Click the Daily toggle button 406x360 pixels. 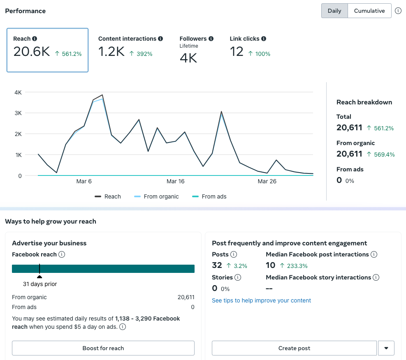pos(334,11)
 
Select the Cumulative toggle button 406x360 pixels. pos(369,11)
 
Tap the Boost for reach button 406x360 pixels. pos(103,348)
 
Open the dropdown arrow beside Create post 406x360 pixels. pos(386,348)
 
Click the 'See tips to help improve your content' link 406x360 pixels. pos(261,300)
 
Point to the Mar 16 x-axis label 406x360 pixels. pos(176,181)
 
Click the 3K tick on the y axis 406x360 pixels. pos(18,113)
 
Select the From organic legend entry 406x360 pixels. pos(156,196)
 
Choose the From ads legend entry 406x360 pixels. pos(209,196)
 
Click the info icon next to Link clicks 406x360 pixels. pos(264,39)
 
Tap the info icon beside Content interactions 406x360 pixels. pos(160,39)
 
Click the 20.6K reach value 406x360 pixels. pos(32,51)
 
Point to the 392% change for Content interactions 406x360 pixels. pos(144,54)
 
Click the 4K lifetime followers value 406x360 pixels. pos(188,58)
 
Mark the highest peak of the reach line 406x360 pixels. pos(102,95)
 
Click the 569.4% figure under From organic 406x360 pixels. pos(384,155)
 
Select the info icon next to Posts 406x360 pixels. pos(234,254)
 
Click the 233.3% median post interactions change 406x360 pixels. pos(297,266)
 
